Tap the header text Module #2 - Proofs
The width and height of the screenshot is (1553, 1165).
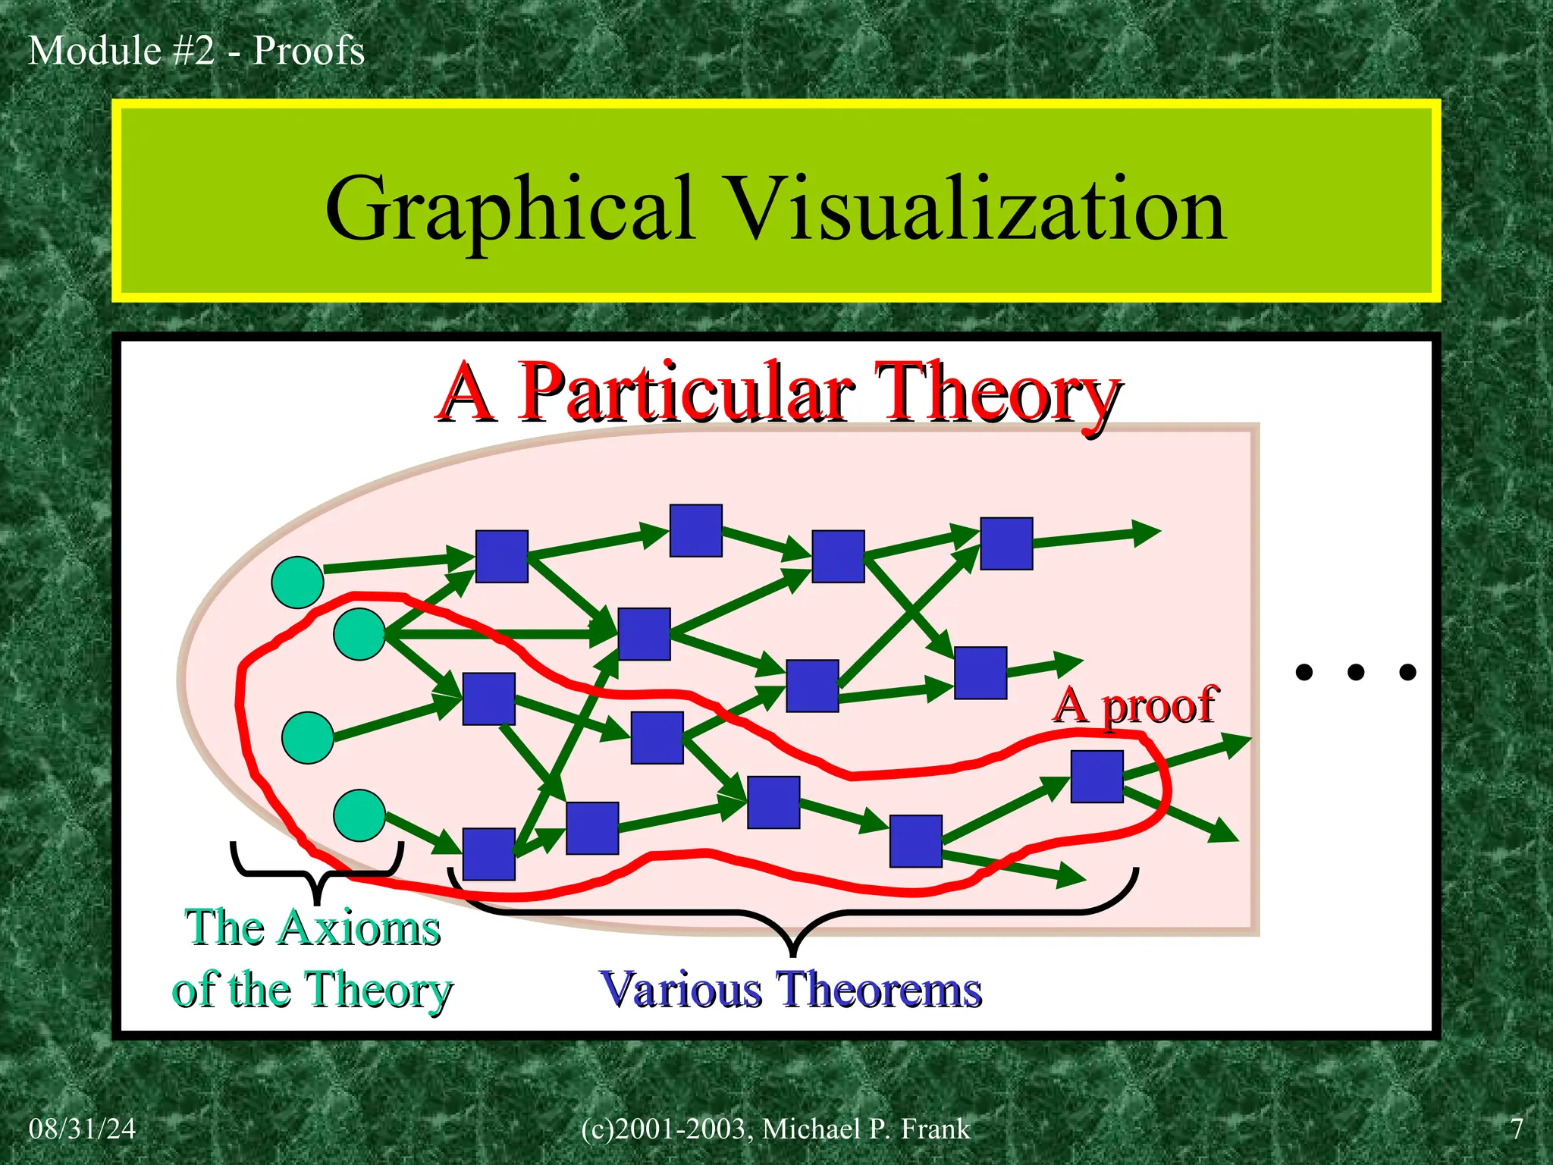[196, 51]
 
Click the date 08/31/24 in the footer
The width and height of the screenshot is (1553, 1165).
[82, 1129]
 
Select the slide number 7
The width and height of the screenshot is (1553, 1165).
[1516, 1129]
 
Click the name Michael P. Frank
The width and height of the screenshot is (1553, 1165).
[866, 1129]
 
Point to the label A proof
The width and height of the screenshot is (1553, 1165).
[1135, 705]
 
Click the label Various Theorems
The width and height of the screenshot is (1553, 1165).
[790, 990]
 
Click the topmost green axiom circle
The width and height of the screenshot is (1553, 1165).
[298, 582]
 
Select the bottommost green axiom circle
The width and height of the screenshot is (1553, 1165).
[359, 815]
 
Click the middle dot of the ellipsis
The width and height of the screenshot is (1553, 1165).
[1356, 672]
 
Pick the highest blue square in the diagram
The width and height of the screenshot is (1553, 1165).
[696, 531]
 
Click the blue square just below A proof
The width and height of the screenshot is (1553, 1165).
[1097, 777]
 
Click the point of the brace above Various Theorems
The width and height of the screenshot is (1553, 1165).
[792, 948]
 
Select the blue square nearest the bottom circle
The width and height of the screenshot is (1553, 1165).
[489, 854]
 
